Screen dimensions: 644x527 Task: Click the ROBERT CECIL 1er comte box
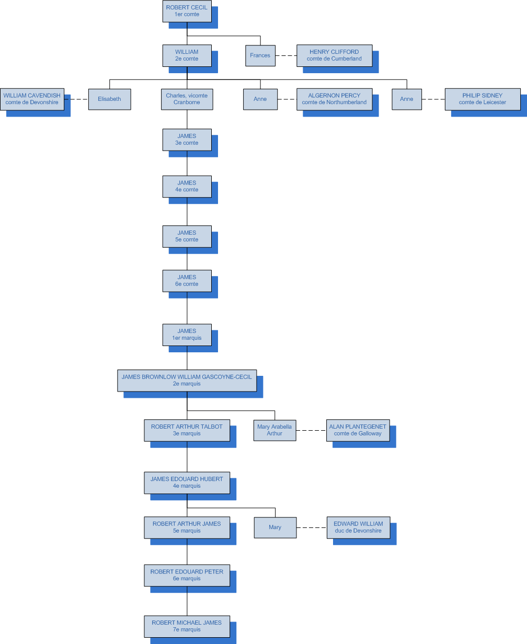pos(187,11)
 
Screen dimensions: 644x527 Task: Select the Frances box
pos(260,55)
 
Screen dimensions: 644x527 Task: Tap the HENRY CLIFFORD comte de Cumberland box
pos(334,55)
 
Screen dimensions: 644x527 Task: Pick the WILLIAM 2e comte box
pos(187,55)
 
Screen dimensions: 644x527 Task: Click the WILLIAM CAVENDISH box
pos(32,99)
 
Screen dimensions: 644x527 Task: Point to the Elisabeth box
pos(109,99)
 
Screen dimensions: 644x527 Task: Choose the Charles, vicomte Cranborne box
pos(187,99)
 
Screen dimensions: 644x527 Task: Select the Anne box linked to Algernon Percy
pos(260,99)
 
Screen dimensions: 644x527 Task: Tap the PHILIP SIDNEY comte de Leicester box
pos(482,99)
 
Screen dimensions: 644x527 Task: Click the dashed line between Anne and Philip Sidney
pos(433,99)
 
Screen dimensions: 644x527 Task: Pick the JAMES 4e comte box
pos(187,186)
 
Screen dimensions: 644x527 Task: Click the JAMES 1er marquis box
pos(187,335)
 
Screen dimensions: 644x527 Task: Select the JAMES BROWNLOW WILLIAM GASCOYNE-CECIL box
pos(187,380)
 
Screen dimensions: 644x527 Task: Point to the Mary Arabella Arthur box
pos(274,430)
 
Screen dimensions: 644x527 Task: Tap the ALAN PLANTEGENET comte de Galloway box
pos(358,430)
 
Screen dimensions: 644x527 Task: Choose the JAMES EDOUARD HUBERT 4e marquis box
pos(187,482)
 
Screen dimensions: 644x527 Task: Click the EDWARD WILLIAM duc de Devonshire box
pos(358,527)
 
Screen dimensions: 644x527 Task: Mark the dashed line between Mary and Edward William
pos(312,527)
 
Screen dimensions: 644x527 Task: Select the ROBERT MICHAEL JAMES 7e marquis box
pos(187,626)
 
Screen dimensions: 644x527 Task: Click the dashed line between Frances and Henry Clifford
pos(285,55)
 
